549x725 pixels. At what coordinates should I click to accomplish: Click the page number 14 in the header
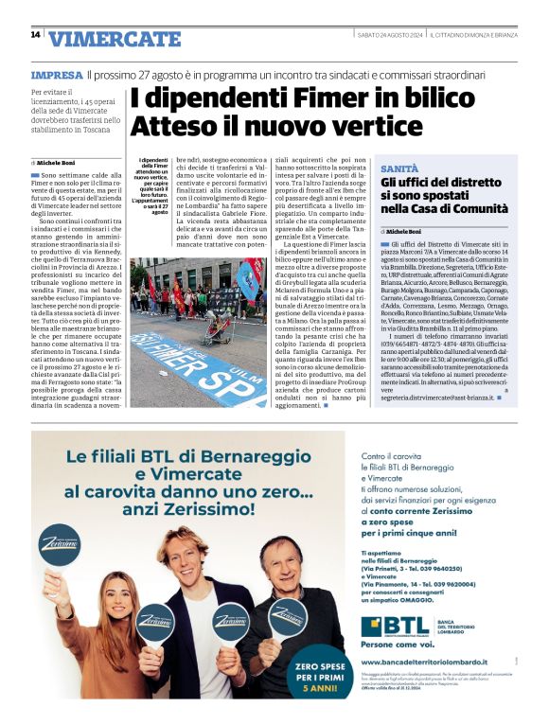35,35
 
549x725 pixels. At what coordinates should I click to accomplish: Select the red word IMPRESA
56,74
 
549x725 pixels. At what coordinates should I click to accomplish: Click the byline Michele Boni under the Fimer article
59,163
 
